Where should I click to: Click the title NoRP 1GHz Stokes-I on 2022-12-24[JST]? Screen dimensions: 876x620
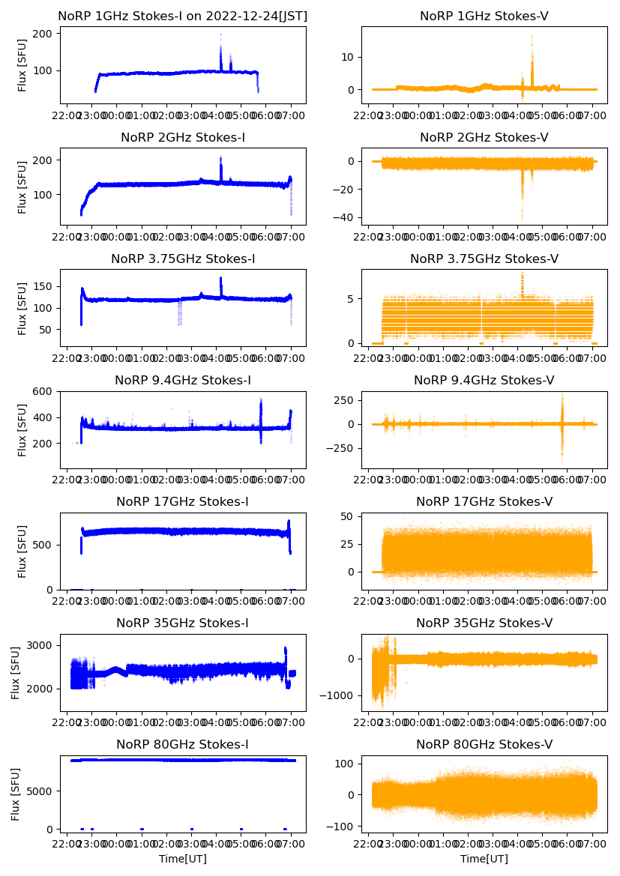[x=182, y=16]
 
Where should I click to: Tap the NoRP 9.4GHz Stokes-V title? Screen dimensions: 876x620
[x=484, y=381]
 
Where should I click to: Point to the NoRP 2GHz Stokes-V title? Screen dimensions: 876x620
[x=484, y=137]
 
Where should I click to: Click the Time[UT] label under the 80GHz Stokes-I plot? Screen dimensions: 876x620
[x=182, y=859]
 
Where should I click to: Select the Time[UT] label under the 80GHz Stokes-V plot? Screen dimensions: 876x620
[x=484, y=859]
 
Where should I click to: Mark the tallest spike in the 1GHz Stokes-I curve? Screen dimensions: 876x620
[x=220, y=34]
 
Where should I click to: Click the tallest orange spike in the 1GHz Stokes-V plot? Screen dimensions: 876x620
[x=532, y=36]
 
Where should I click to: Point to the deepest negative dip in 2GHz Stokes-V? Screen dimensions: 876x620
[x=522, y=217]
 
